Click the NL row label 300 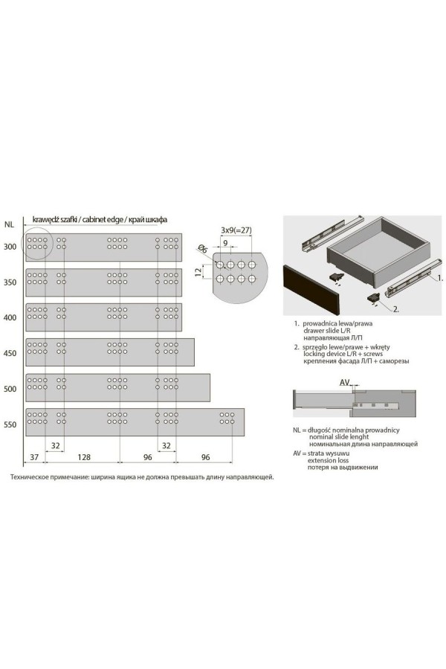(10, 247)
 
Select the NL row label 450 (10, 353)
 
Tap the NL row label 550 (10, 424)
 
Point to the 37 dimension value (34, 457)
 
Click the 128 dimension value (84, 457)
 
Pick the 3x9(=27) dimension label (236, 230)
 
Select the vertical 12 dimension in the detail (198, 272)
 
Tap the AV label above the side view (345, 382)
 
